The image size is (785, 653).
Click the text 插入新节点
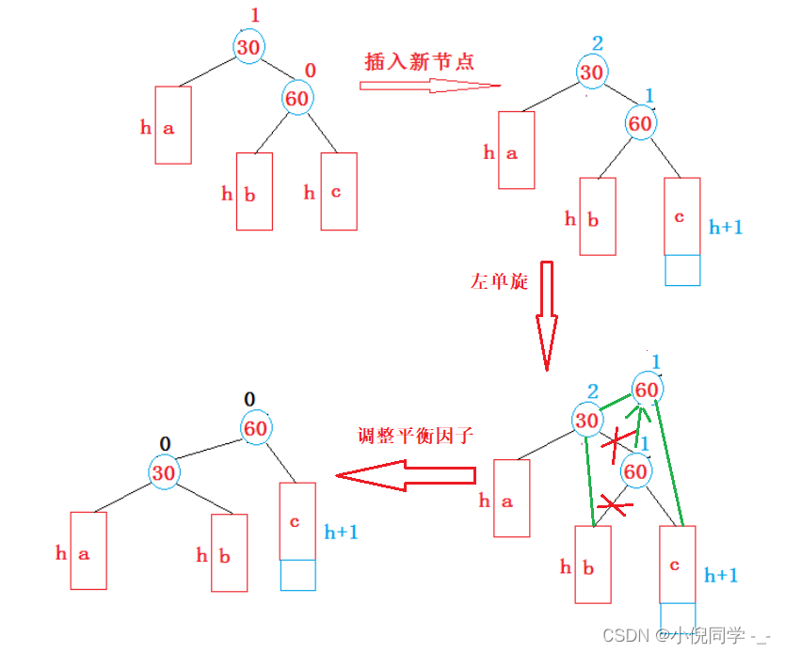point(420,62)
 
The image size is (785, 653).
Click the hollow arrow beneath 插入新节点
point(429,86)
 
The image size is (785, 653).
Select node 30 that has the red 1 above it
point(249,45)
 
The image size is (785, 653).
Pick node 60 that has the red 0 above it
point(297,97)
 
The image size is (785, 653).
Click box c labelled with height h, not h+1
point(338,192)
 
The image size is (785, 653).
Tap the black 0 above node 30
point(165,443)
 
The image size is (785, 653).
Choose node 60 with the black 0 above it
point(256,428)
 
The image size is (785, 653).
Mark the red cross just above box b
point(615,507)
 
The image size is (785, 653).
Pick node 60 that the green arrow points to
point(647,389)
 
